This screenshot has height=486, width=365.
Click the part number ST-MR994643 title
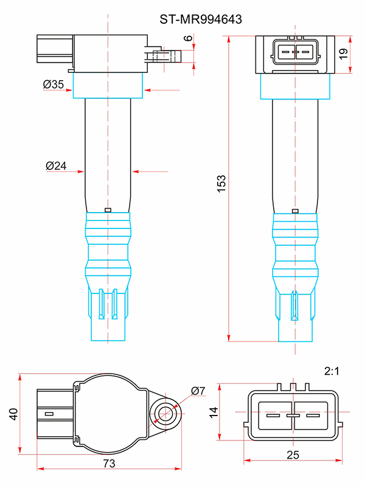pyautogui.click(x=201, y=19)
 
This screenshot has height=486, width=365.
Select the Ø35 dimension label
pyautogui.click(x=54, y=85)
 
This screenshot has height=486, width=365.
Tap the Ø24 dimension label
pyautogui.click(x=56, y=165)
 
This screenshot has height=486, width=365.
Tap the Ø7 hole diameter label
pyautogui.click(x=198, y=391)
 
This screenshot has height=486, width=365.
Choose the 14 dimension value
pyautogui.click(x=213, y=411)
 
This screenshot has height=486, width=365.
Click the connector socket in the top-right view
pyautogui.click(x=294, y=51)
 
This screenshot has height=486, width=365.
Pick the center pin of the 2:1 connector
pyautogui.click(x=294, y=416)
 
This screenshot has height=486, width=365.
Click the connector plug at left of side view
pyautogui.click(x=54, y=53)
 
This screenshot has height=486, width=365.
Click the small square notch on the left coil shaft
pyautogui.click(x=108, y=210)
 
